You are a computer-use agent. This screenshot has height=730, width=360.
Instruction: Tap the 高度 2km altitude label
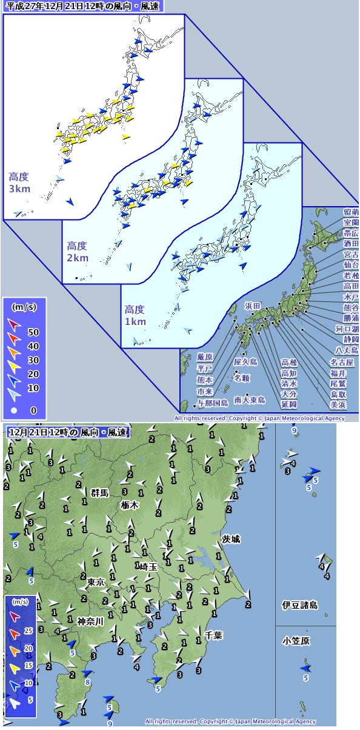point(78,252)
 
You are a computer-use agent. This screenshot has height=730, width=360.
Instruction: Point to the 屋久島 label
point(245,362)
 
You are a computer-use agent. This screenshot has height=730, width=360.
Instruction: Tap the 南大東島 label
point(250,400)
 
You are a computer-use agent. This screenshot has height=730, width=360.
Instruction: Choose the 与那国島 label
point(212,403)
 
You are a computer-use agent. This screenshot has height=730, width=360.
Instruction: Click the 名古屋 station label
point(342,362)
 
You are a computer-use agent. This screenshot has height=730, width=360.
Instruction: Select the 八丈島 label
point(347,350)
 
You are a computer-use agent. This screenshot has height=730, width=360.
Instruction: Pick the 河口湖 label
point(347,329)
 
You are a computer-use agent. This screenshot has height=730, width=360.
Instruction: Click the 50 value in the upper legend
point(33,332)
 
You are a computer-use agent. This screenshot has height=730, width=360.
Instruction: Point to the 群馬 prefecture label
point(99,493)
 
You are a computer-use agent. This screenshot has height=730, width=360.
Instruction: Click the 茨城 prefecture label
point(232,539)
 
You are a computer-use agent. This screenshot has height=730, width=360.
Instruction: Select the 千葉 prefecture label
point(213,635)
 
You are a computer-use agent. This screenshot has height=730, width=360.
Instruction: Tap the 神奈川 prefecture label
point(90,621)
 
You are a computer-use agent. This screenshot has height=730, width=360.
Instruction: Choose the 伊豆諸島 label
point(300,605)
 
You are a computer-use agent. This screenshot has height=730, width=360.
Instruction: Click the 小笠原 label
point(296,641)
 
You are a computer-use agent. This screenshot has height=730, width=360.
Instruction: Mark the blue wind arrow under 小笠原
point(306,668)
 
